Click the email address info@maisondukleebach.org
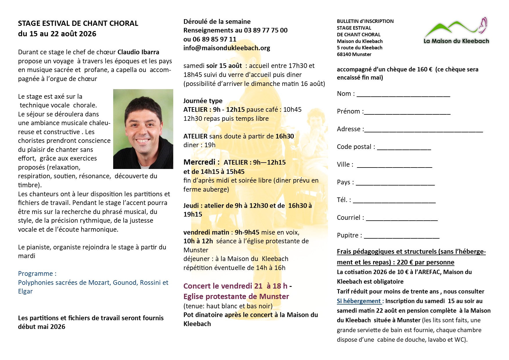click(x=227, y=48)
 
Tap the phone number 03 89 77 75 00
click(x=266, y=30)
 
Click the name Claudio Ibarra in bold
click(x=138, y=52)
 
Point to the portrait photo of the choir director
click(x=143, y=129)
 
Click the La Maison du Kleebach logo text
click(x=456, y=41)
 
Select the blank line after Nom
click(x=403, y=95)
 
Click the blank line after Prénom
click(x=407, y=113)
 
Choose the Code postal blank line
click(x=404, y=148)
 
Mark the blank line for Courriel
click(x=402, y=219)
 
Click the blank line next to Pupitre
click(x=402, y=237)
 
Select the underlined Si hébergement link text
click(x=359, y=301)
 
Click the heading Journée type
click(x=203, y=101)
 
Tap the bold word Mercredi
click(x=200, y=162)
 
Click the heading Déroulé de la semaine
click(x=217, y=22)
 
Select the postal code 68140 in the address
click(x=344, y=55)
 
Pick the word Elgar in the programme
click(x=25, y=291)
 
